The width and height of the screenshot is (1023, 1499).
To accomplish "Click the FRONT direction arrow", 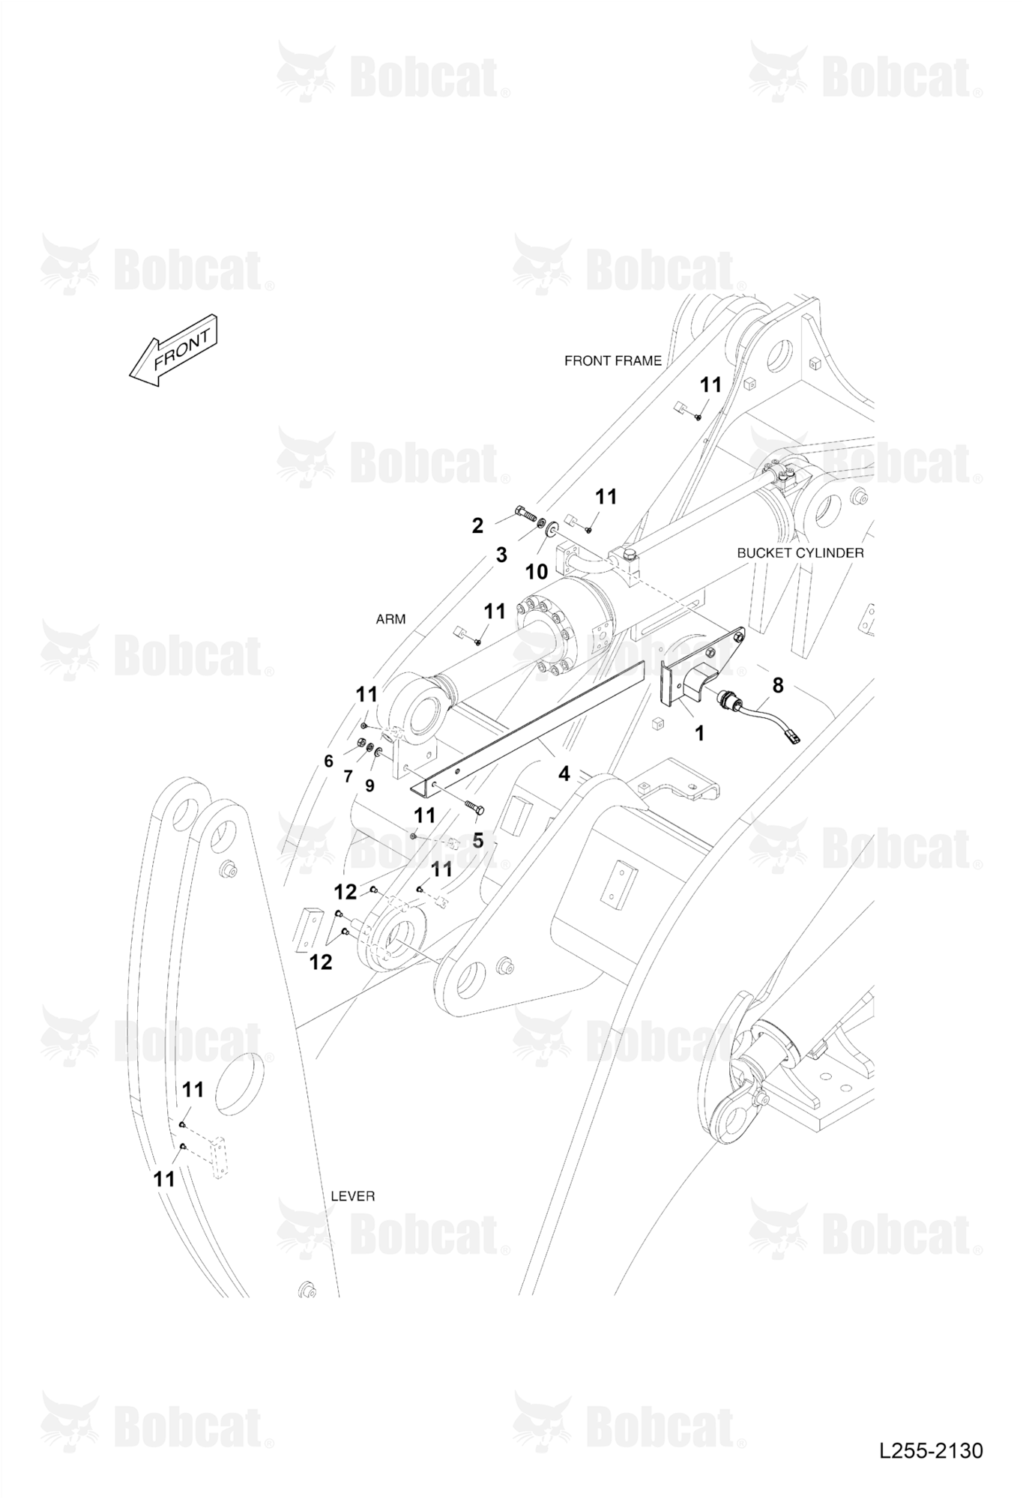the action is [173, 351].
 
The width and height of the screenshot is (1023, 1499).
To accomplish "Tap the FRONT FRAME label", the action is [613, 361].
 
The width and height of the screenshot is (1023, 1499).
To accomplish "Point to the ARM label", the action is [390, 619].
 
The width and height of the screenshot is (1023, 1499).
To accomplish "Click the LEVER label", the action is [353, 1195].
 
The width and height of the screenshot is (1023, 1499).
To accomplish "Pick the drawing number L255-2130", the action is [931, 1450].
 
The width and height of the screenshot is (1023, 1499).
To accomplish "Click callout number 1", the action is [700, 733].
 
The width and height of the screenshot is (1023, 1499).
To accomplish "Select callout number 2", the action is [477, 526].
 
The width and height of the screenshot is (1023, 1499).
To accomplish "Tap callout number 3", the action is [501, 555].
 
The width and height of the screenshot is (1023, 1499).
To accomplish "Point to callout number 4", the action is [564, 773].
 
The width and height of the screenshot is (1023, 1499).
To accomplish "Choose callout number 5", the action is [478, 841].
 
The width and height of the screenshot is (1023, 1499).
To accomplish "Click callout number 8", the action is [778, 684].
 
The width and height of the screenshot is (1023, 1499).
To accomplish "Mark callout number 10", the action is [536, 572].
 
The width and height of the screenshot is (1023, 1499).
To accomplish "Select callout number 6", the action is [328, 761].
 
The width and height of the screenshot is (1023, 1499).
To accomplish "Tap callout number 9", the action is [369, 785].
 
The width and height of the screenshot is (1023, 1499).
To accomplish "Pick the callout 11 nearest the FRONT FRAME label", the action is [710, 384].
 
